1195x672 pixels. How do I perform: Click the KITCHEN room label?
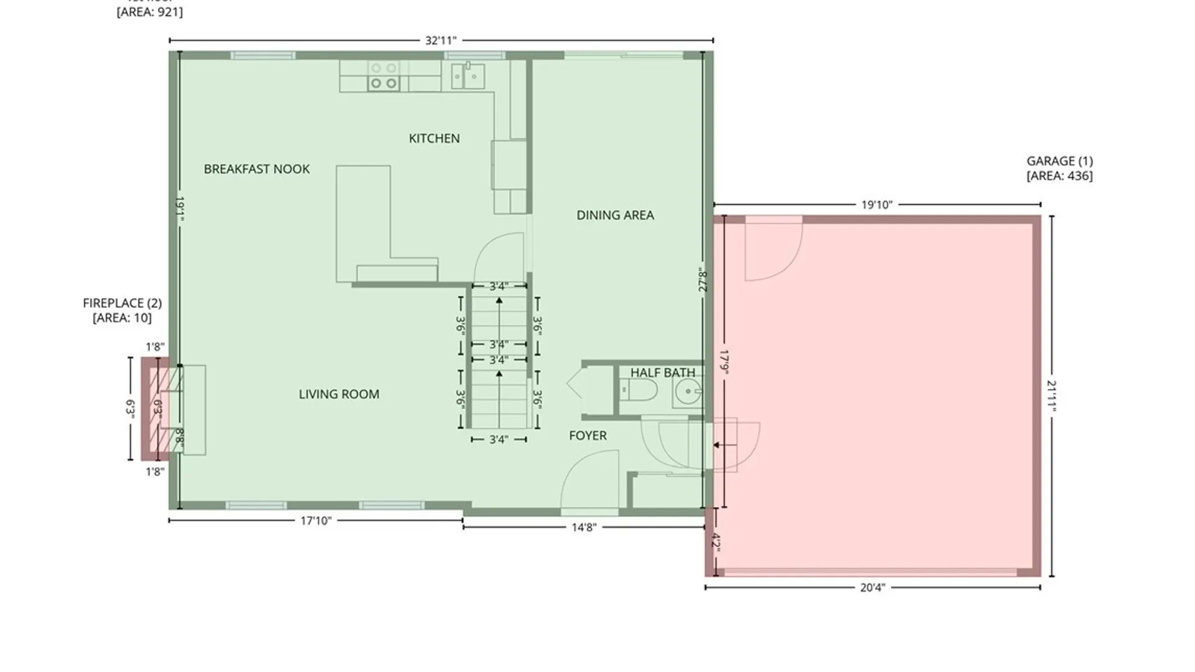[434, 138]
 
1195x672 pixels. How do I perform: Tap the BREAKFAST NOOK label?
[256, 169]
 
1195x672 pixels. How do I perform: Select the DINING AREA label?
[615, 215]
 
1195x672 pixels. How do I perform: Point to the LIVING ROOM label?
[339, 394]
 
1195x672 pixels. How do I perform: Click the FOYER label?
[588, 436]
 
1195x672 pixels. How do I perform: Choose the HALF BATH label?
[662, 372]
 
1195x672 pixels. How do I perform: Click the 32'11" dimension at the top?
[441, 40]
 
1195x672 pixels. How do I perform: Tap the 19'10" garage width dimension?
[876, 205]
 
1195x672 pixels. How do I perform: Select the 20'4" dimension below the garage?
[872, 587]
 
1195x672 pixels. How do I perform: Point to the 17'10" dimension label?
[316, 521]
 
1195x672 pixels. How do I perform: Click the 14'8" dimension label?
[584, 528]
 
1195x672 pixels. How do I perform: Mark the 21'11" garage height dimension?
[1051, 396]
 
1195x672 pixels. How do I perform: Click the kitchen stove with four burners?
[383, 76]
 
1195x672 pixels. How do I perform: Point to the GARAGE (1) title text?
[1059, 161]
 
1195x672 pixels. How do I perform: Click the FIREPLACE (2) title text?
[122, 303]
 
